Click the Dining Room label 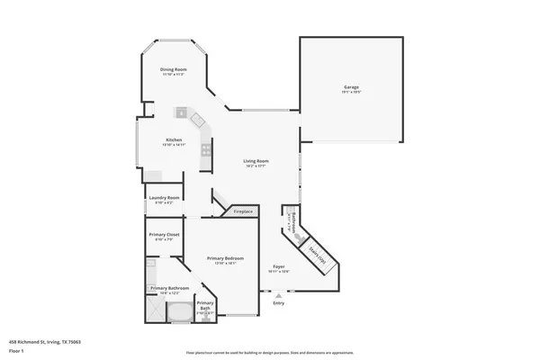[174, 70]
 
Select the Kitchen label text [174, 140]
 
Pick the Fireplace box [243, 211]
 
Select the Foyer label [279, 267]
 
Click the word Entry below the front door [279, 303]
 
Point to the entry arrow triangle [279, 294]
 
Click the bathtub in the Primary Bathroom [179, 312]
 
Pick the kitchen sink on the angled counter [181, 112]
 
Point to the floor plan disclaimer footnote [269, 352]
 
